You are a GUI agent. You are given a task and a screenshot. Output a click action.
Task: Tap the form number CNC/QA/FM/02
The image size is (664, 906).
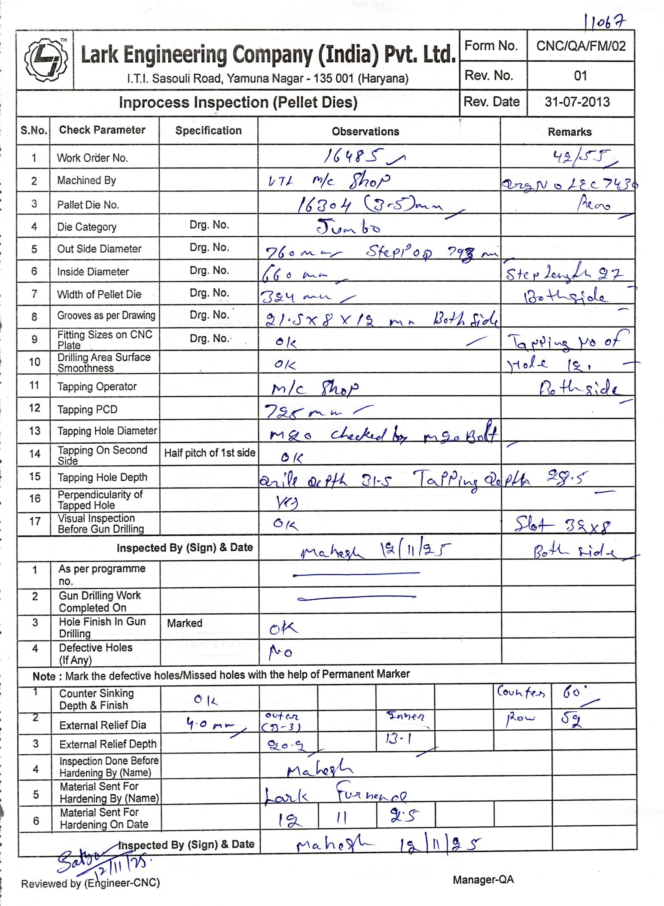[581, 46]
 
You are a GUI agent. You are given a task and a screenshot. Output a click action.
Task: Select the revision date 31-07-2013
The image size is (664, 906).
[577, 102]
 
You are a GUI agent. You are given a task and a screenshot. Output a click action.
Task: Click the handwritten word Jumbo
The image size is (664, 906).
[348, 226]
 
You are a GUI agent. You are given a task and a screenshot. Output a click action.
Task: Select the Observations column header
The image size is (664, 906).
[365, 131]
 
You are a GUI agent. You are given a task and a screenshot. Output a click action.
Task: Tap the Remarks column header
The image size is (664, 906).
[570, 132]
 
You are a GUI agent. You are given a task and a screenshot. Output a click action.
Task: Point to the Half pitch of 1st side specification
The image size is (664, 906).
[210, 453]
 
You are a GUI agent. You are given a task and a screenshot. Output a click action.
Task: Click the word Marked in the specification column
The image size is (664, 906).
[185, 623]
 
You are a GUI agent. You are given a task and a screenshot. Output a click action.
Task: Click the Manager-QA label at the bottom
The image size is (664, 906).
[483, 879]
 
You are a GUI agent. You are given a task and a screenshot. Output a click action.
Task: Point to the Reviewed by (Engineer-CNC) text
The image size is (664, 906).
[90, 883]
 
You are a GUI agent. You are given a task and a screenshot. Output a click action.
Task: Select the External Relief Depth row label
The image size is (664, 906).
[108, 744]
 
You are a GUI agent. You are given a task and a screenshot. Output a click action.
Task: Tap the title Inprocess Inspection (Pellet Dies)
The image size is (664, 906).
[238, 103]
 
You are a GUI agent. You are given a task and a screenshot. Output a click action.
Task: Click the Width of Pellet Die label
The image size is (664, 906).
[99, 294]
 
